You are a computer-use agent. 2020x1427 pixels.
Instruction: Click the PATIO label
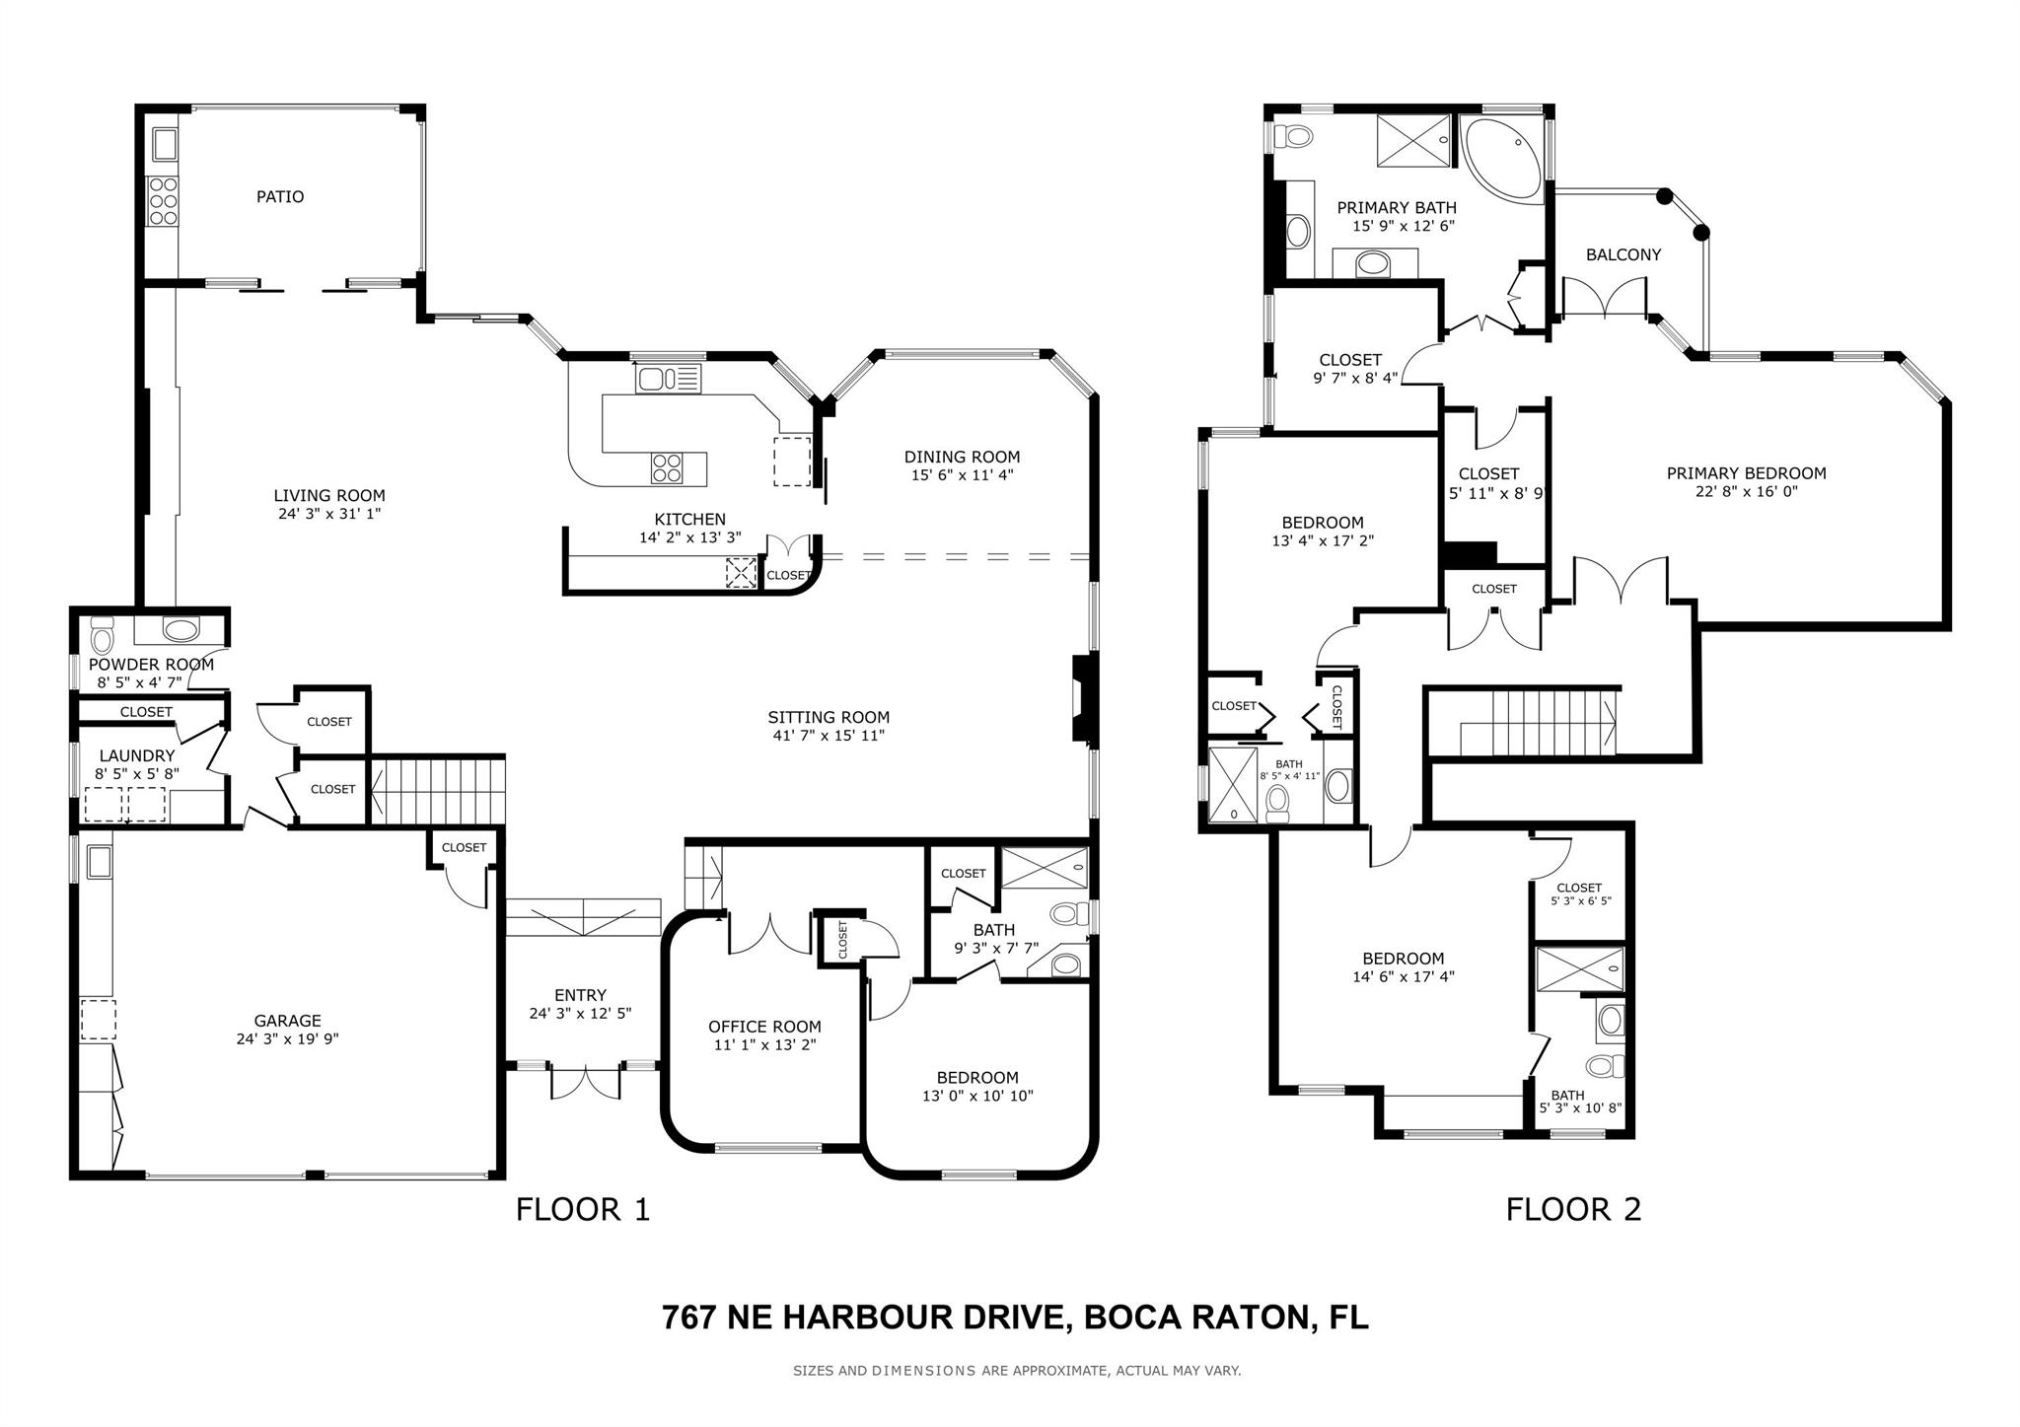280,196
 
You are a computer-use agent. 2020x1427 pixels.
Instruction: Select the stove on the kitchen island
666,467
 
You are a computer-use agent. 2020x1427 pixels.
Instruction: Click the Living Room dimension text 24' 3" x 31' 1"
328,514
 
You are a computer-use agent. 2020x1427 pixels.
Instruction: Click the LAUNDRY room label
136,755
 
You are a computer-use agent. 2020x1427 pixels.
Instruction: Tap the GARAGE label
287,1021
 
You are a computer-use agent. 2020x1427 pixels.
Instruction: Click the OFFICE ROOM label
764,1027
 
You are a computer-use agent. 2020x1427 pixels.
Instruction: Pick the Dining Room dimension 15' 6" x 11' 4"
962,474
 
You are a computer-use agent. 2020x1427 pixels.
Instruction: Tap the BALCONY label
1623,254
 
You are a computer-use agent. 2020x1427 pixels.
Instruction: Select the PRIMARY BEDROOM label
1746,473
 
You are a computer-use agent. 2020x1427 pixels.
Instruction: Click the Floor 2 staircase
1539,722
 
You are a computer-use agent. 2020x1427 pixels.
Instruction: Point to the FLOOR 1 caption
583,1209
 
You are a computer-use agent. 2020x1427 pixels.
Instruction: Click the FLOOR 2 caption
1573,1209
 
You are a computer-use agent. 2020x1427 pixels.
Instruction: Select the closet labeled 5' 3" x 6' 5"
1578,893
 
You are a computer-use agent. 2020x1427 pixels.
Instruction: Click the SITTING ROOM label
829,717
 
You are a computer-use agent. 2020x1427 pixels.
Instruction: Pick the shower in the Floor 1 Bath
1045,868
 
